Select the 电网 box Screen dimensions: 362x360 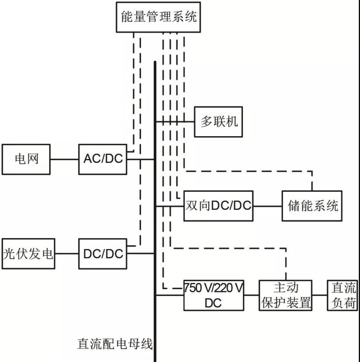click(x=26, y=159)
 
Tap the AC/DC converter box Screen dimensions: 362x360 click(x=103, y=159)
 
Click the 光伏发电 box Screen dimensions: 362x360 click(x=28, y=253)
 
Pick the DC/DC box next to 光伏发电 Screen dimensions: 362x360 click(x=103, y=253)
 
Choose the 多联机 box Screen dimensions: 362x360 click(x=218, y=122)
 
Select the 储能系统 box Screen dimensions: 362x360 click(x=312, y=206)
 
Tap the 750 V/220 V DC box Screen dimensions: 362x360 click(x=213, y=295)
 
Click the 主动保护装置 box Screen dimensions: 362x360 click(x=286, y=295)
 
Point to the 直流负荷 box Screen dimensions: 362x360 click(x=342, y=295)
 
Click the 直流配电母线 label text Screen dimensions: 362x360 click(x=115, y=344)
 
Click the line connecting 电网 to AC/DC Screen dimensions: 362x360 click(x=64, y=159)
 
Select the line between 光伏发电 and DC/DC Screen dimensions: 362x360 click(x=66, y=253)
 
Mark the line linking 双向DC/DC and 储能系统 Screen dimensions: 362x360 click(x=267, y=206)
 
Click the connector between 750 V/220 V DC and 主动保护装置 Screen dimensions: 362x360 click(x=251, y=295)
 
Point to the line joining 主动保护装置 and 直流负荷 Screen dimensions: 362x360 click(x=320, y=295)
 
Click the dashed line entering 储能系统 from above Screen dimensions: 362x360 click(x=312, y=181)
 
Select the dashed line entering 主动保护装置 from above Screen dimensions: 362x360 click(x=286, y=265)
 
